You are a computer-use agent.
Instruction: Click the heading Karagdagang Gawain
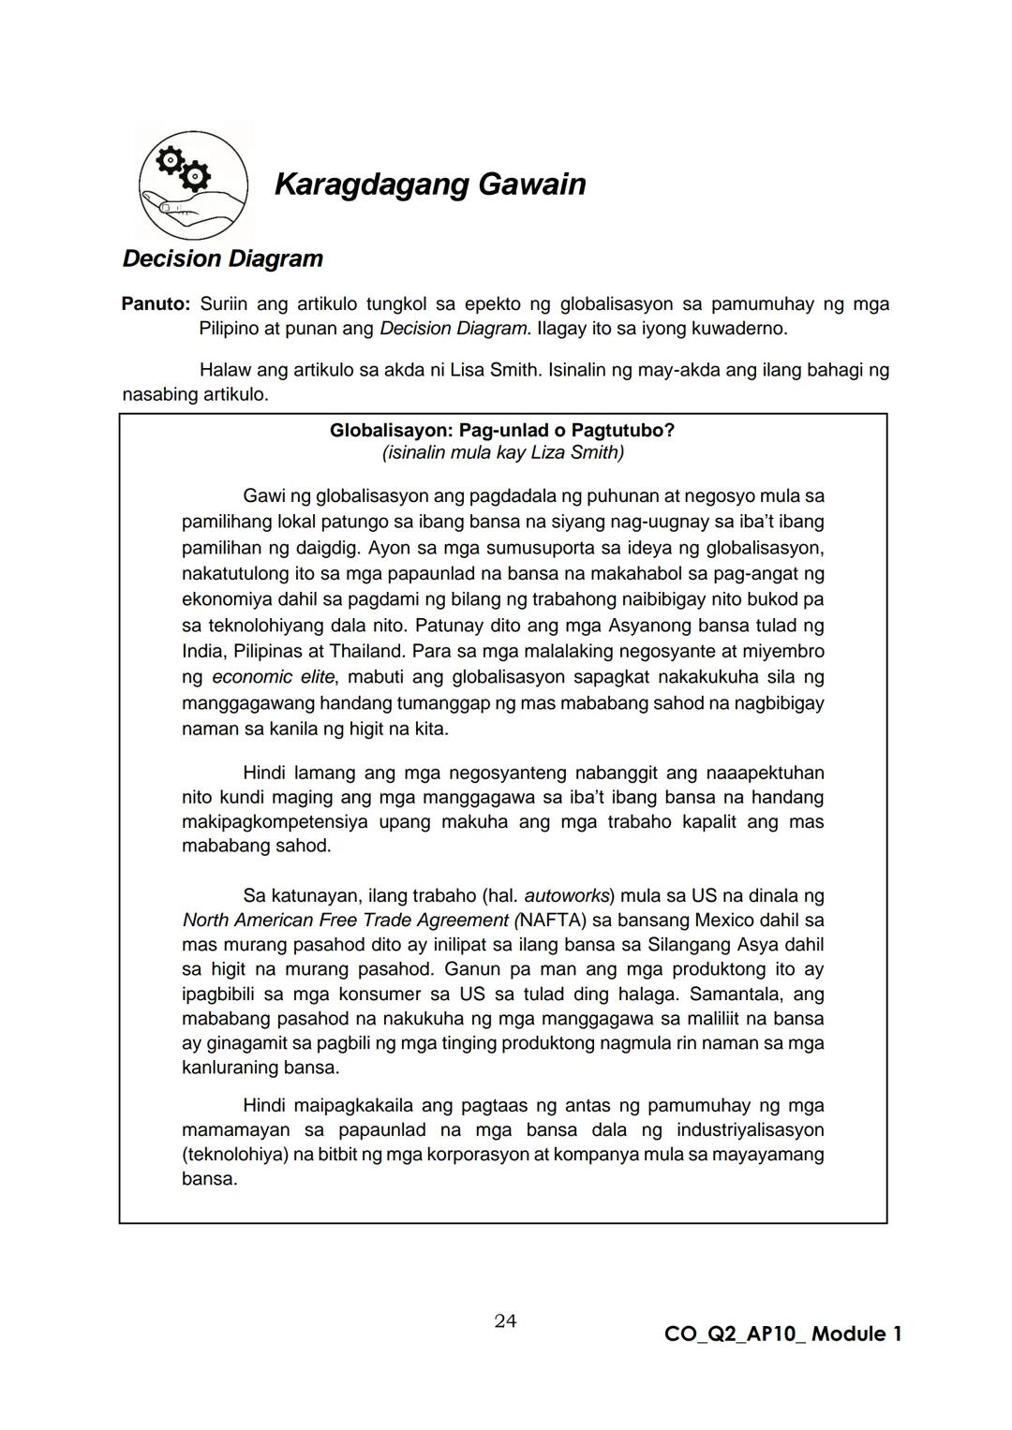[430, 184]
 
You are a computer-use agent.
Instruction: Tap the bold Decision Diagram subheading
[223, 258]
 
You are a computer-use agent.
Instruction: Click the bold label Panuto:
[156, 304]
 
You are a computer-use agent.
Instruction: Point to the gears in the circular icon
[182, 168]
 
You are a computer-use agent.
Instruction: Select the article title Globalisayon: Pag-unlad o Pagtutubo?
[502, 430]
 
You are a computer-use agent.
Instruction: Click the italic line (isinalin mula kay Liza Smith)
[502, 453]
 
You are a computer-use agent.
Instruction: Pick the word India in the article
[202, 651]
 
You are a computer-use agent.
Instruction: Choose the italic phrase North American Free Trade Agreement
[345, 921]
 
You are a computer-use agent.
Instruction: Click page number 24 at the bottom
[505, 1321]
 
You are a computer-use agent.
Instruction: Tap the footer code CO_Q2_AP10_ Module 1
[782, 1334]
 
